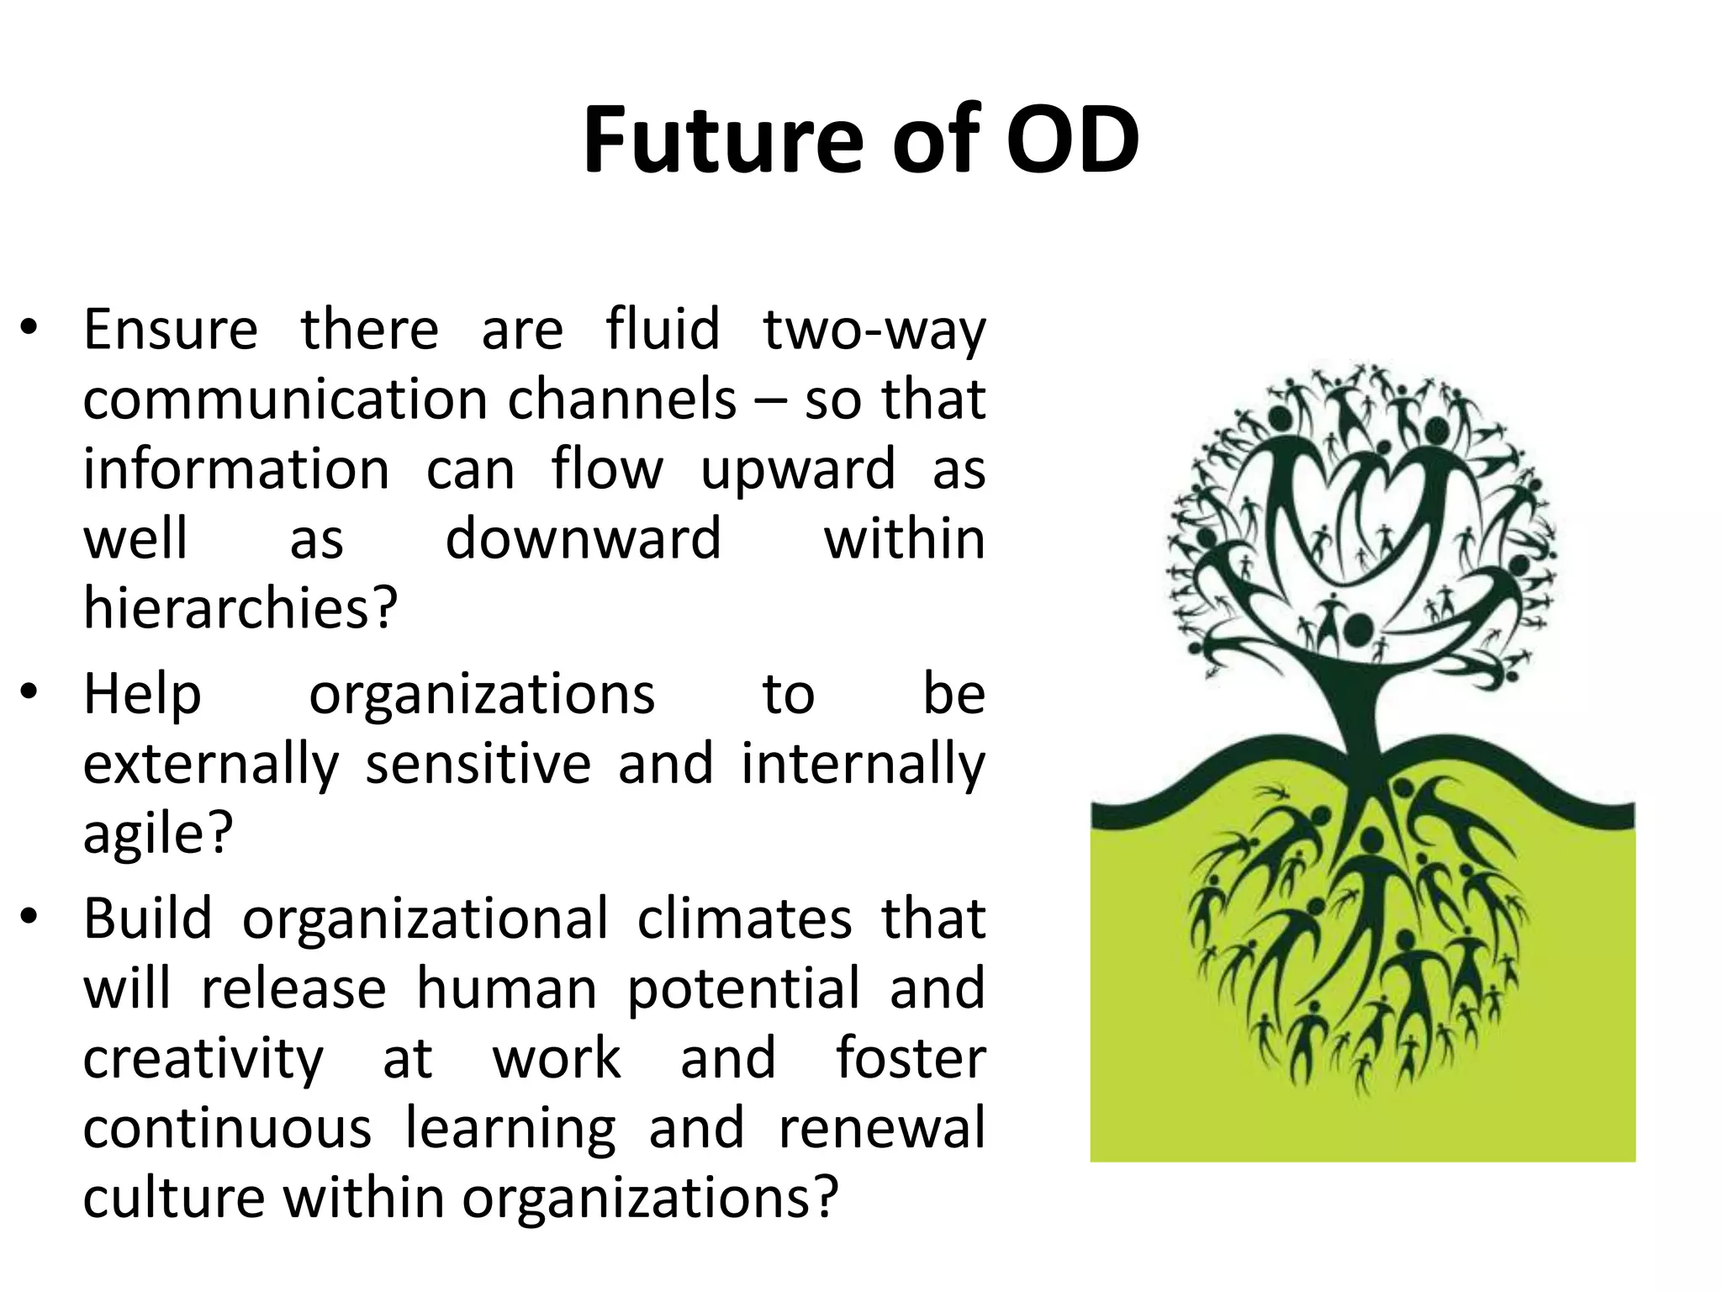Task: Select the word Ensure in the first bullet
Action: pos(170,330)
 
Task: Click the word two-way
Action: pos(874,330)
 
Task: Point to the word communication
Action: pos(284,400)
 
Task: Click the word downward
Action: pos(583,538)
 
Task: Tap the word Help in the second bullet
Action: pos(142,695)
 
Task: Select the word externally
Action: pos(210,764)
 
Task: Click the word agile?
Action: pos(157,834)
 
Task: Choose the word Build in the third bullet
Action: pos(147,919)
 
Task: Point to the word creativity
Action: pos(203,1058)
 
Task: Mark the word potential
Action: pos(744,988)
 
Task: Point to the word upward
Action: pos(797,469)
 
